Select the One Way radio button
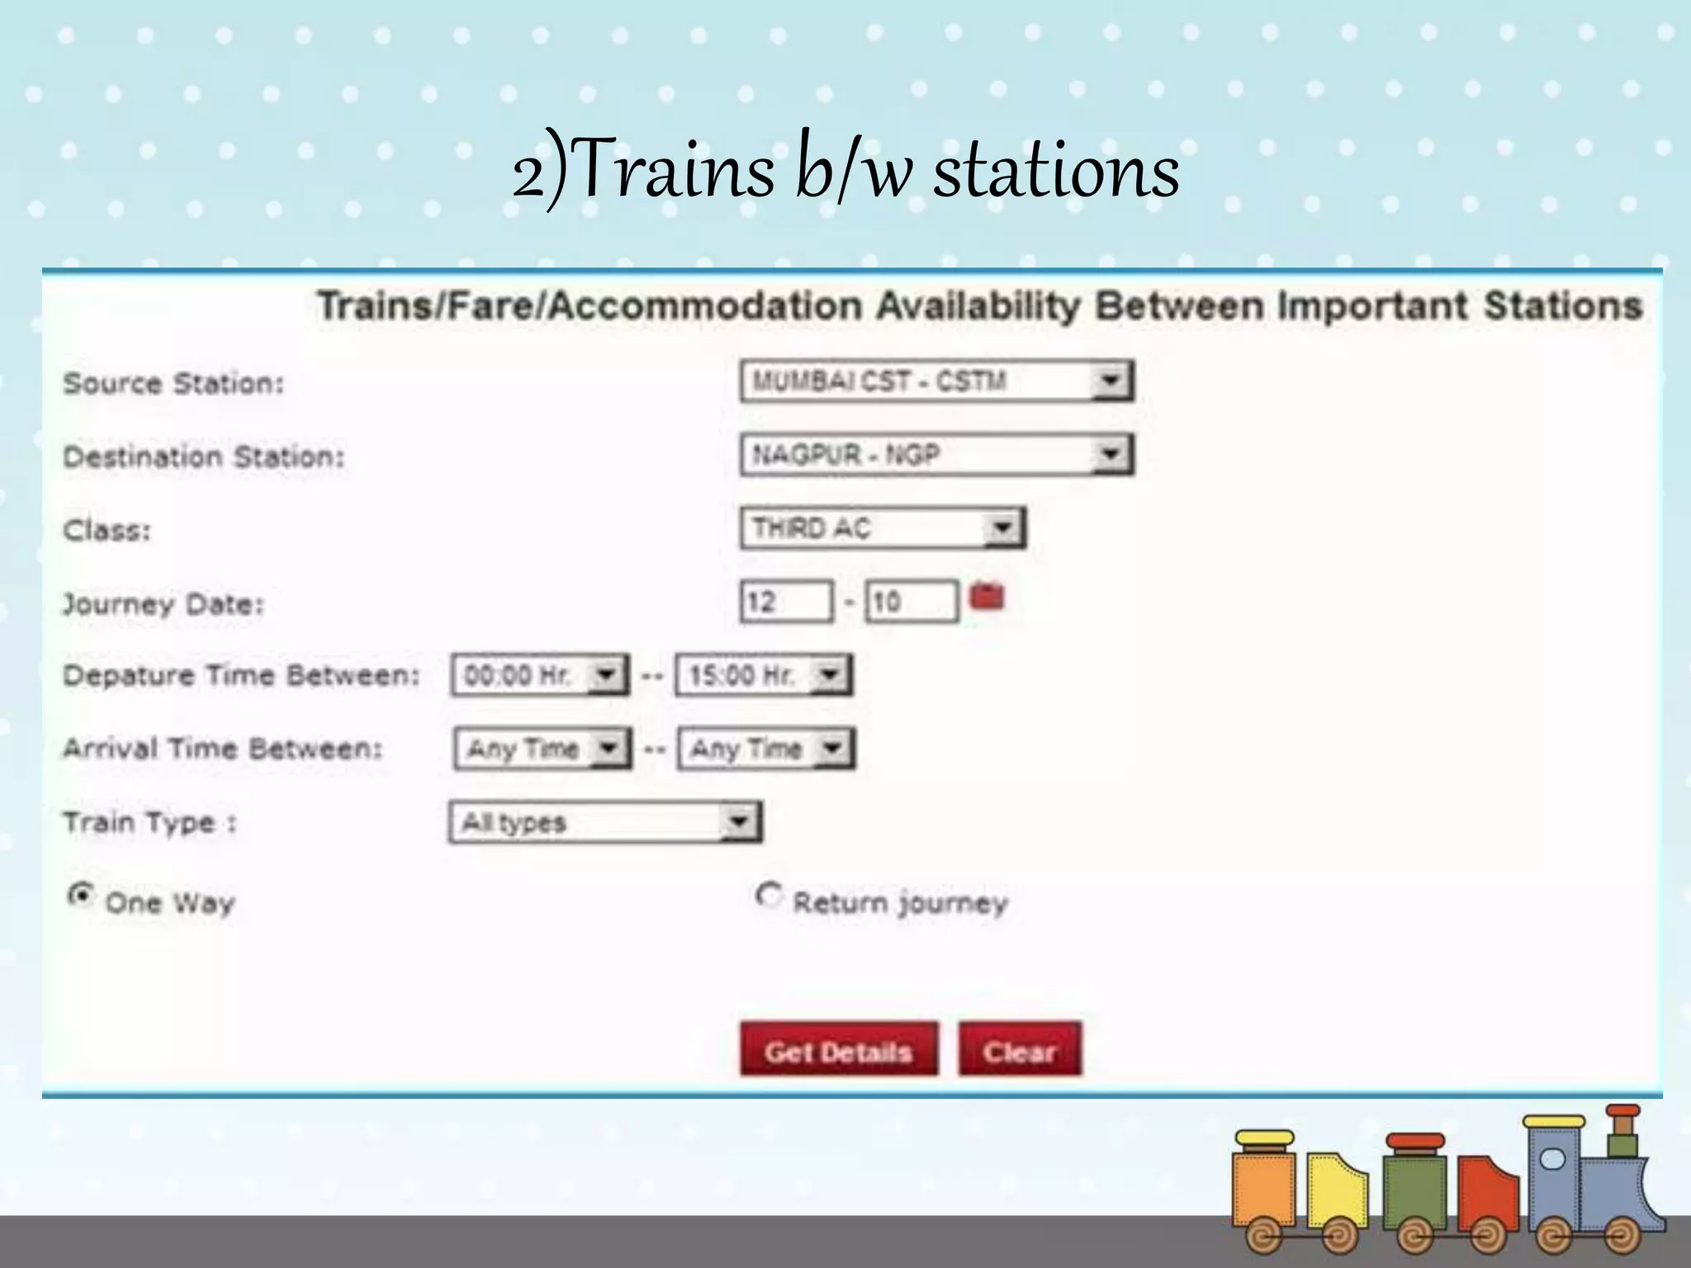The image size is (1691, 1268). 81,895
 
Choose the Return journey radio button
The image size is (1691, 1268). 768,896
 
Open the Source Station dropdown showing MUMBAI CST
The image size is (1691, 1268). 936,381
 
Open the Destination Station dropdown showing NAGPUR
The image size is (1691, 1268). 936,455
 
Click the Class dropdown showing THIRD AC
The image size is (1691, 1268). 882,528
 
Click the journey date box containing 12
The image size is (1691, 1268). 785,602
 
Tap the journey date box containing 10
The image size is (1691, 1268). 911,602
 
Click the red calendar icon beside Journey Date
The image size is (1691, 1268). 987,596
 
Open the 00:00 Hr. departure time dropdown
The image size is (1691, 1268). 539,675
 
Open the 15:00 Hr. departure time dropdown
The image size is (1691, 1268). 763,675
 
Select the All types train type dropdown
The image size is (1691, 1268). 605,822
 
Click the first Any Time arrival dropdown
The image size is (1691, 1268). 542,749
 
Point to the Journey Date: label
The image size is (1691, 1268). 163,604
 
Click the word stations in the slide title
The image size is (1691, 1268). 1055,172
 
